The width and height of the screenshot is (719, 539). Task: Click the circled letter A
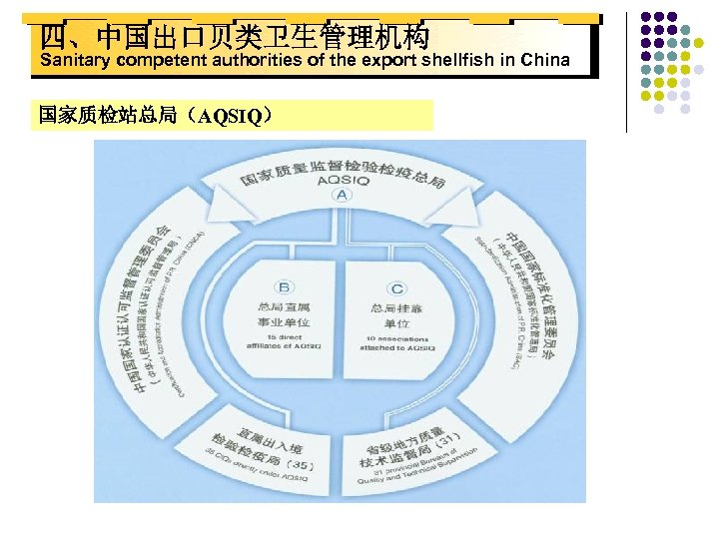343,196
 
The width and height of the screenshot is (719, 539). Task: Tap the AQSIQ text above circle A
343,181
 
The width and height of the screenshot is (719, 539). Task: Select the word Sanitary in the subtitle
75,60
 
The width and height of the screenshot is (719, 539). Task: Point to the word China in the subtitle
545,60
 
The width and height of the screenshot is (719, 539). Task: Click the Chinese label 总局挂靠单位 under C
397,315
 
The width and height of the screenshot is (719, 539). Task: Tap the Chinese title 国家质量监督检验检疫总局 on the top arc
343,169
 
